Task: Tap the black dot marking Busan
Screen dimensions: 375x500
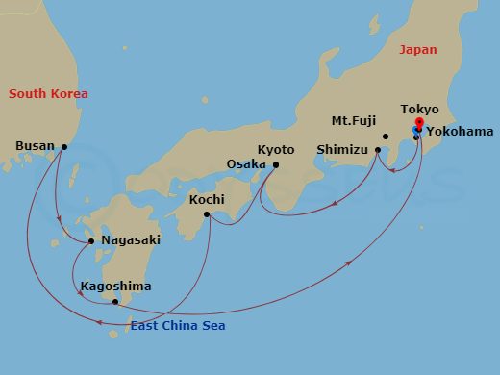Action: click(x=64, y=147)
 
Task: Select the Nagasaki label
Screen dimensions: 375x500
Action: click(x=130, y=239)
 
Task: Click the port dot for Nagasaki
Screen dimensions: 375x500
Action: click(x=91, y=240)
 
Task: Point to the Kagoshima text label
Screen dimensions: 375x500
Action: click(x=115, y=286)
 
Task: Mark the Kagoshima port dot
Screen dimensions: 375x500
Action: click(x=115, y=302)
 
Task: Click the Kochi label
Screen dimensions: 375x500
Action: click(x=208, y=199)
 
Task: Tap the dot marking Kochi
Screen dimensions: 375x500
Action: click(x=207, y=214)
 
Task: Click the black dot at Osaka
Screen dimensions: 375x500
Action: click(x=276, y=165)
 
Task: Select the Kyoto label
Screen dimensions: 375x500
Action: click(x=276, y=149)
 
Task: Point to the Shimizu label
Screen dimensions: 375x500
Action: click(x=342, y=149)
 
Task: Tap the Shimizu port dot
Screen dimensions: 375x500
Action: click(x=378, y=149)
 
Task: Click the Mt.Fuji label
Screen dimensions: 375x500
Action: click(x=353, y=121)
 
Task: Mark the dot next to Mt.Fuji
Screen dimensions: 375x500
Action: click(x=385, y=136)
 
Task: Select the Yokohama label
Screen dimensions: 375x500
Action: click(x=460, y=131)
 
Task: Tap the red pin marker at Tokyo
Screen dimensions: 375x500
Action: click(x=417, y=123)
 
